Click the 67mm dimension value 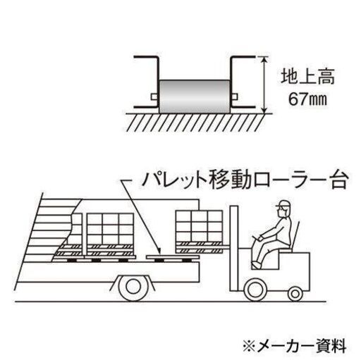pos(307,99)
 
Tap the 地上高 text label pos(307,76)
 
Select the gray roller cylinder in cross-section pos(195,97)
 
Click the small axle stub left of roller pos(155,97)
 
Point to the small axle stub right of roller pos(234,97)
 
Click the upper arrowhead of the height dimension pos(264,60)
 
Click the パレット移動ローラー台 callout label pos(245,180)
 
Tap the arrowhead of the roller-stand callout pos(159,252)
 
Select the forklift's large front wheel pos(255,290)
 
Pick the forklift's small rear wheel pos(295,294)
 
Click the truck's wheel pos(133,287)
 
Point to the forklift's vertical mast pos(234,248)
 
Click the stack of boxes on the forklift pos(200,226)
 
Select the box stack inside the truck pos(110,228)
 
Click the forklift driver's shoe pos(255,265)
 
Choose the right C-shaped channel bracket pos(242,82)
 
